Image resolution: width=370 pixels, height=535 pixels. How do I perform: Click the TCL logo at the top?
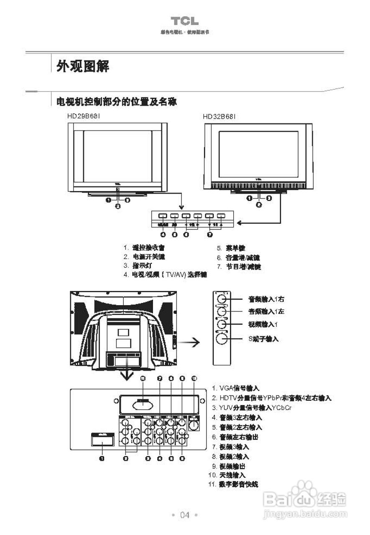click(x=184, y=21)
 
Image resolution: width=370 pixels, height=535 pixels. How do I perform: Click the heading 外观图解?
click(x=83, y=66)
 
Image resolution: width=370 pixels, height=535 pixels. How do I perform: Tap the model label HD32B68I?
click(x=219, y=117)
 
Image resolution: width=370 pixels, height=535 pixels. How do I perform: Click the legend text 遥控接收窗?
click(x=145, y=247)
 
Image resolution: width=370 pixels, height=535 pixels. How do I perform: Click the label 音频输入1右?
click(x=266, y=299)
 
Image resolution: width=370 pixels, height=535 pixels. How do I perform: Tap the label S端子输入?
click(x=263, y=339)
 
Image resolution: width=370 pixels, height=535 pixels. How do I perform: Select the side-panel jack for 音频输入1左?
click(x=222, y=311)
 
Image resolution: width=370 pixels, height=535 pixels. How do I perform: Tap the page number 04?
click(x=185, y=515)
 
